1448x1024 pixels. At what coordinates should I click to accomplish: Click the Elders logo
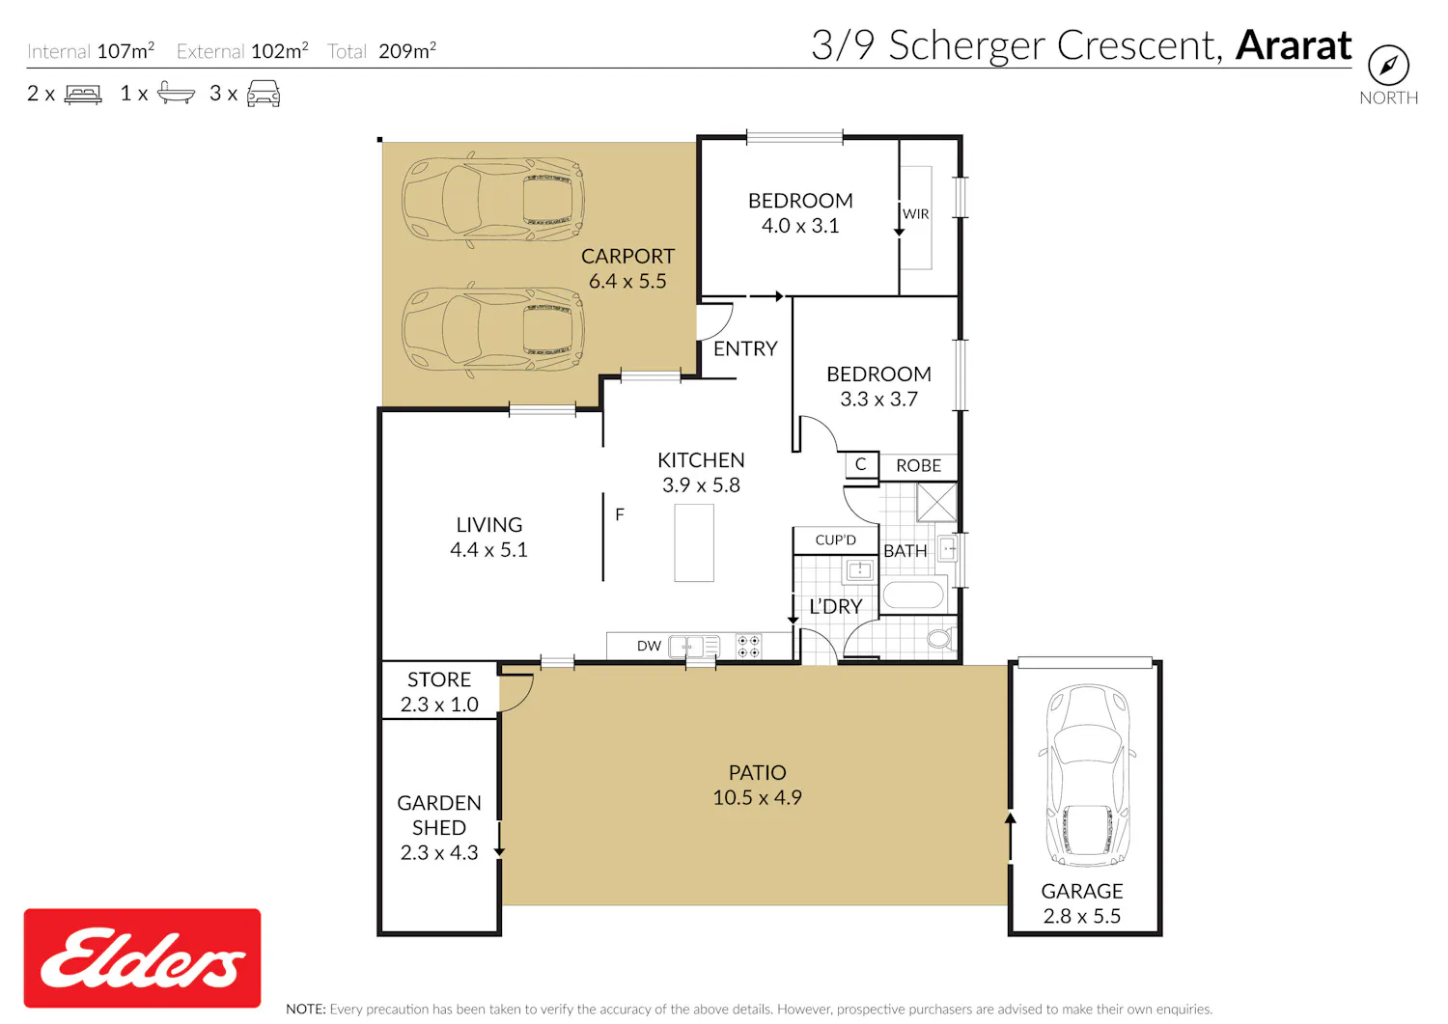pyautogui.click(x=142, y=958)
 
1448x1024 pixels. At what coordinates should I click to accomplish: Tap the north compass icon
pyautogui.click(x=1388, y=65)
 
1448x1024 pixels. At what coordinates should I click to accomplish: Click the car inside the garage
pyautogui.click(x=1087, y=774)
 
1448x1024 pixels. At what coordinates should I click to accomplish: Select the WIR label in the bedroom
pyautogui.click(x=915, y=214)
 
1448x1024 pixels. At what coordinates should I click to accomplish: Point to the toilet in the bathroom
pyautogui.click(x=941, y=639)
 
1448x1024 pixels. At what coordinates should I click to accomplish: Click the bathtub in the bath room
pyautogui.click(x=913, y=595)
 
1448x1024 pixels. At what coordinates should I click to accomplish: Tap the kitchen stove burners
pyautogui.click(x=748, y=647)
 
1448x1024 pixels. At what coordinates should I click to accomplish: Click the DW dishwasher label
pyautogui.click(x=649, y=646)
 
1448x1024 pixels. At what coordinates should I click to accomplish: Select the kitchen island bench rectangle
pyautogui.click(x=694, y=543)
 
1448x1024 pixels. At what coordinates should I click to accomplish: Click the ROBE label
pyautogui.click(x=919, y=465)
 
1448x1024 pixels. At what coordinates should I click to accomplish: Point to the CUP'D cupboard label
pyautogui.click(x=835, y=540)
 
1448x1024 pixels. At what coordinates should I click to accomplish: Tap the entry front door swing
pyautogui.click(x=715, y=321)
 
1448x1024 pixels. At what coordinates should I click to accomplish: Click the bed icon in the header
pyautogui.click(x=83, y=95)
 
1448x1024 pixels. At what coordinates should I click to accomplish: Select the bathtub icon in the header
pyautogui.click(x=176, y=93)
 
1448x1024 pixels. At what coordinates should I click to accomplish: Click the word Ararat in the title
pyautogui.click(x=1294, y=45)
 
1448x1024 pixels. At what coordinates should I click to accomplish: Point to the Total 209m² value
pyautogui.click(x=407, y=50)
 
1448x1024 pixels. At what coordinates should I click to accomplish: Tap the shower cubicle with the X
pyautogui.click(x=936, y=502)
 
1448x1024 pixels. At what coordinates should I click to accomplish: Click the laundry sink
pyautogui.click(x=859, y=570)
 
